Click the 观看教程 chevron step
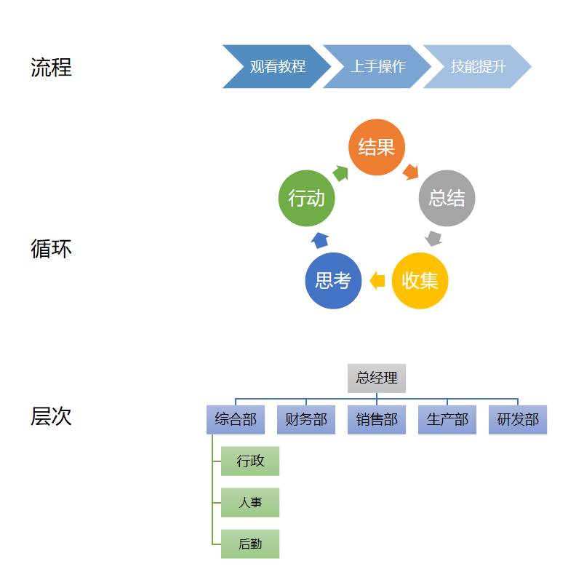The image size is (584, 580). pos(277,67)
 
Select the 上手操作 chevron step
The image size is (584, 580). pos(377,67)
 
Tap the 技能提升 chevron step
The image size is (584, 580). pos(478,67)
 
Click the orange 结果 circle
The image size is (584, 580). pos(377,147)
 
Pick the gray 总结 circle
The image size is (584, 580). pos(447,198)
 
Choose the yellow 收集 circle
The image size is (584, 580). pos(420,281)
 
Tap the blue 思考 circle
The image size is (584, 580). pos(333,281)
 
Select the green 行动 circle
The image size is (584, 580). pos(306,198)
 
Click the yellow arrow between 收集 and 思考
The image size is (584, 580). pos(377,281)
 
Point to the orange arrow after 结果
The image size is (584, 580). pos(411,172)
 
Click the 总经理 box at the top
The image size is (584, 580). pos(377,378)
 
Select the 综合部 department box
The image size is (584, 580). pos(236,420)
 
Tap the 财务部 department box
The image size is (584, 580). pos(306,420)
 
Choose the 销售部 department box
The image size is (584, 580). pos(377,420)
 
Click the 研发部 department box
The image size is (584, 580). pos(518,420)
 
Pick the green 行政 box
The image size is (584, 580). pos(250,461)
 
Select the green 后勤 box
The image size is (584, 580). pos(250,544)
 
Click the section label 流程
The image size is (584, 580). pos(51,68)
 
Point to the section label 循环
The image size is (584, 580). pos(51,249)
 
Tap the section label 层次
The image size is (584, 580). pos(51,416)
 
